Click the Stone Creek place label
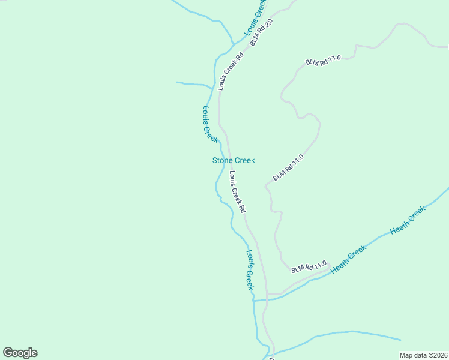click(x=234, y=160)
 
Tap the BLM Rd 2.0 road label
click(x=261, y=32)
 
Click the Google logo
click(x=20, y=353)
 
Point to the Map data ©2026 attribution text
click(x=423, y=355)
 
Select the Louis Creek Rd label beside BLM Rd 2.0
click(x=231, y=71)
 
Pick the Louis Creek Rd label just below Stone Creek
click(x=238, y=193)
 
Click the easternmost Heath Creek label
click(x=408, y=220)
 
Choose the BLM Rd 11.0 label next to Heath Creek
click(x=309, y=267)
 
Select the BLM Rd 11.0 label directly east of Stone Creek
click(x=289, y=167)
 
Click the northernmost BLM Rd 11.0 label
click(x=323, y=61)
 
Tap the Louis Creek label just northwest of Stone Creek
click(x=209, y=124)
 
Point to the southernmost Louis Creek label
click(x=250, y=270)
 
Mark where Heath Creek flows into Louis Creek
click(x=254, y=300)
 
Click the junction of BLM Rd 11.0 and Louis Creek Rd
click(x=267, y=295)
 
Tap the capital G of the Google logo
click(x=8, y=352)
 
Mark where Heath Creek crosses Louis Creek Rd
click(x=266, y=299)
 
